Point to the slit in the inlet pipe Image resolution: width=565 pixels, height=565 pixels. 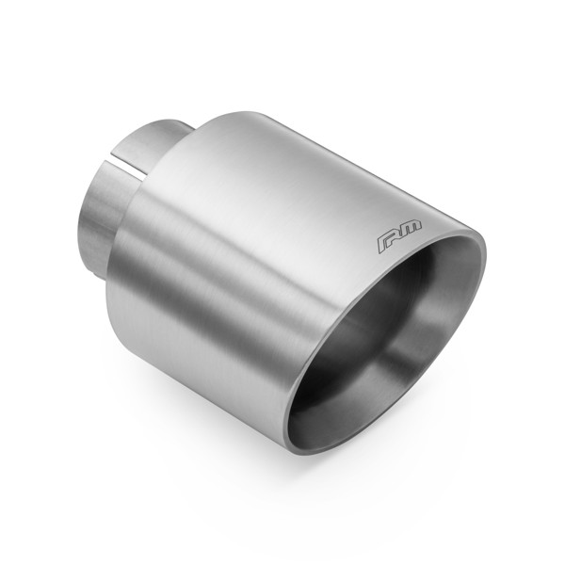(132, 170)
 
